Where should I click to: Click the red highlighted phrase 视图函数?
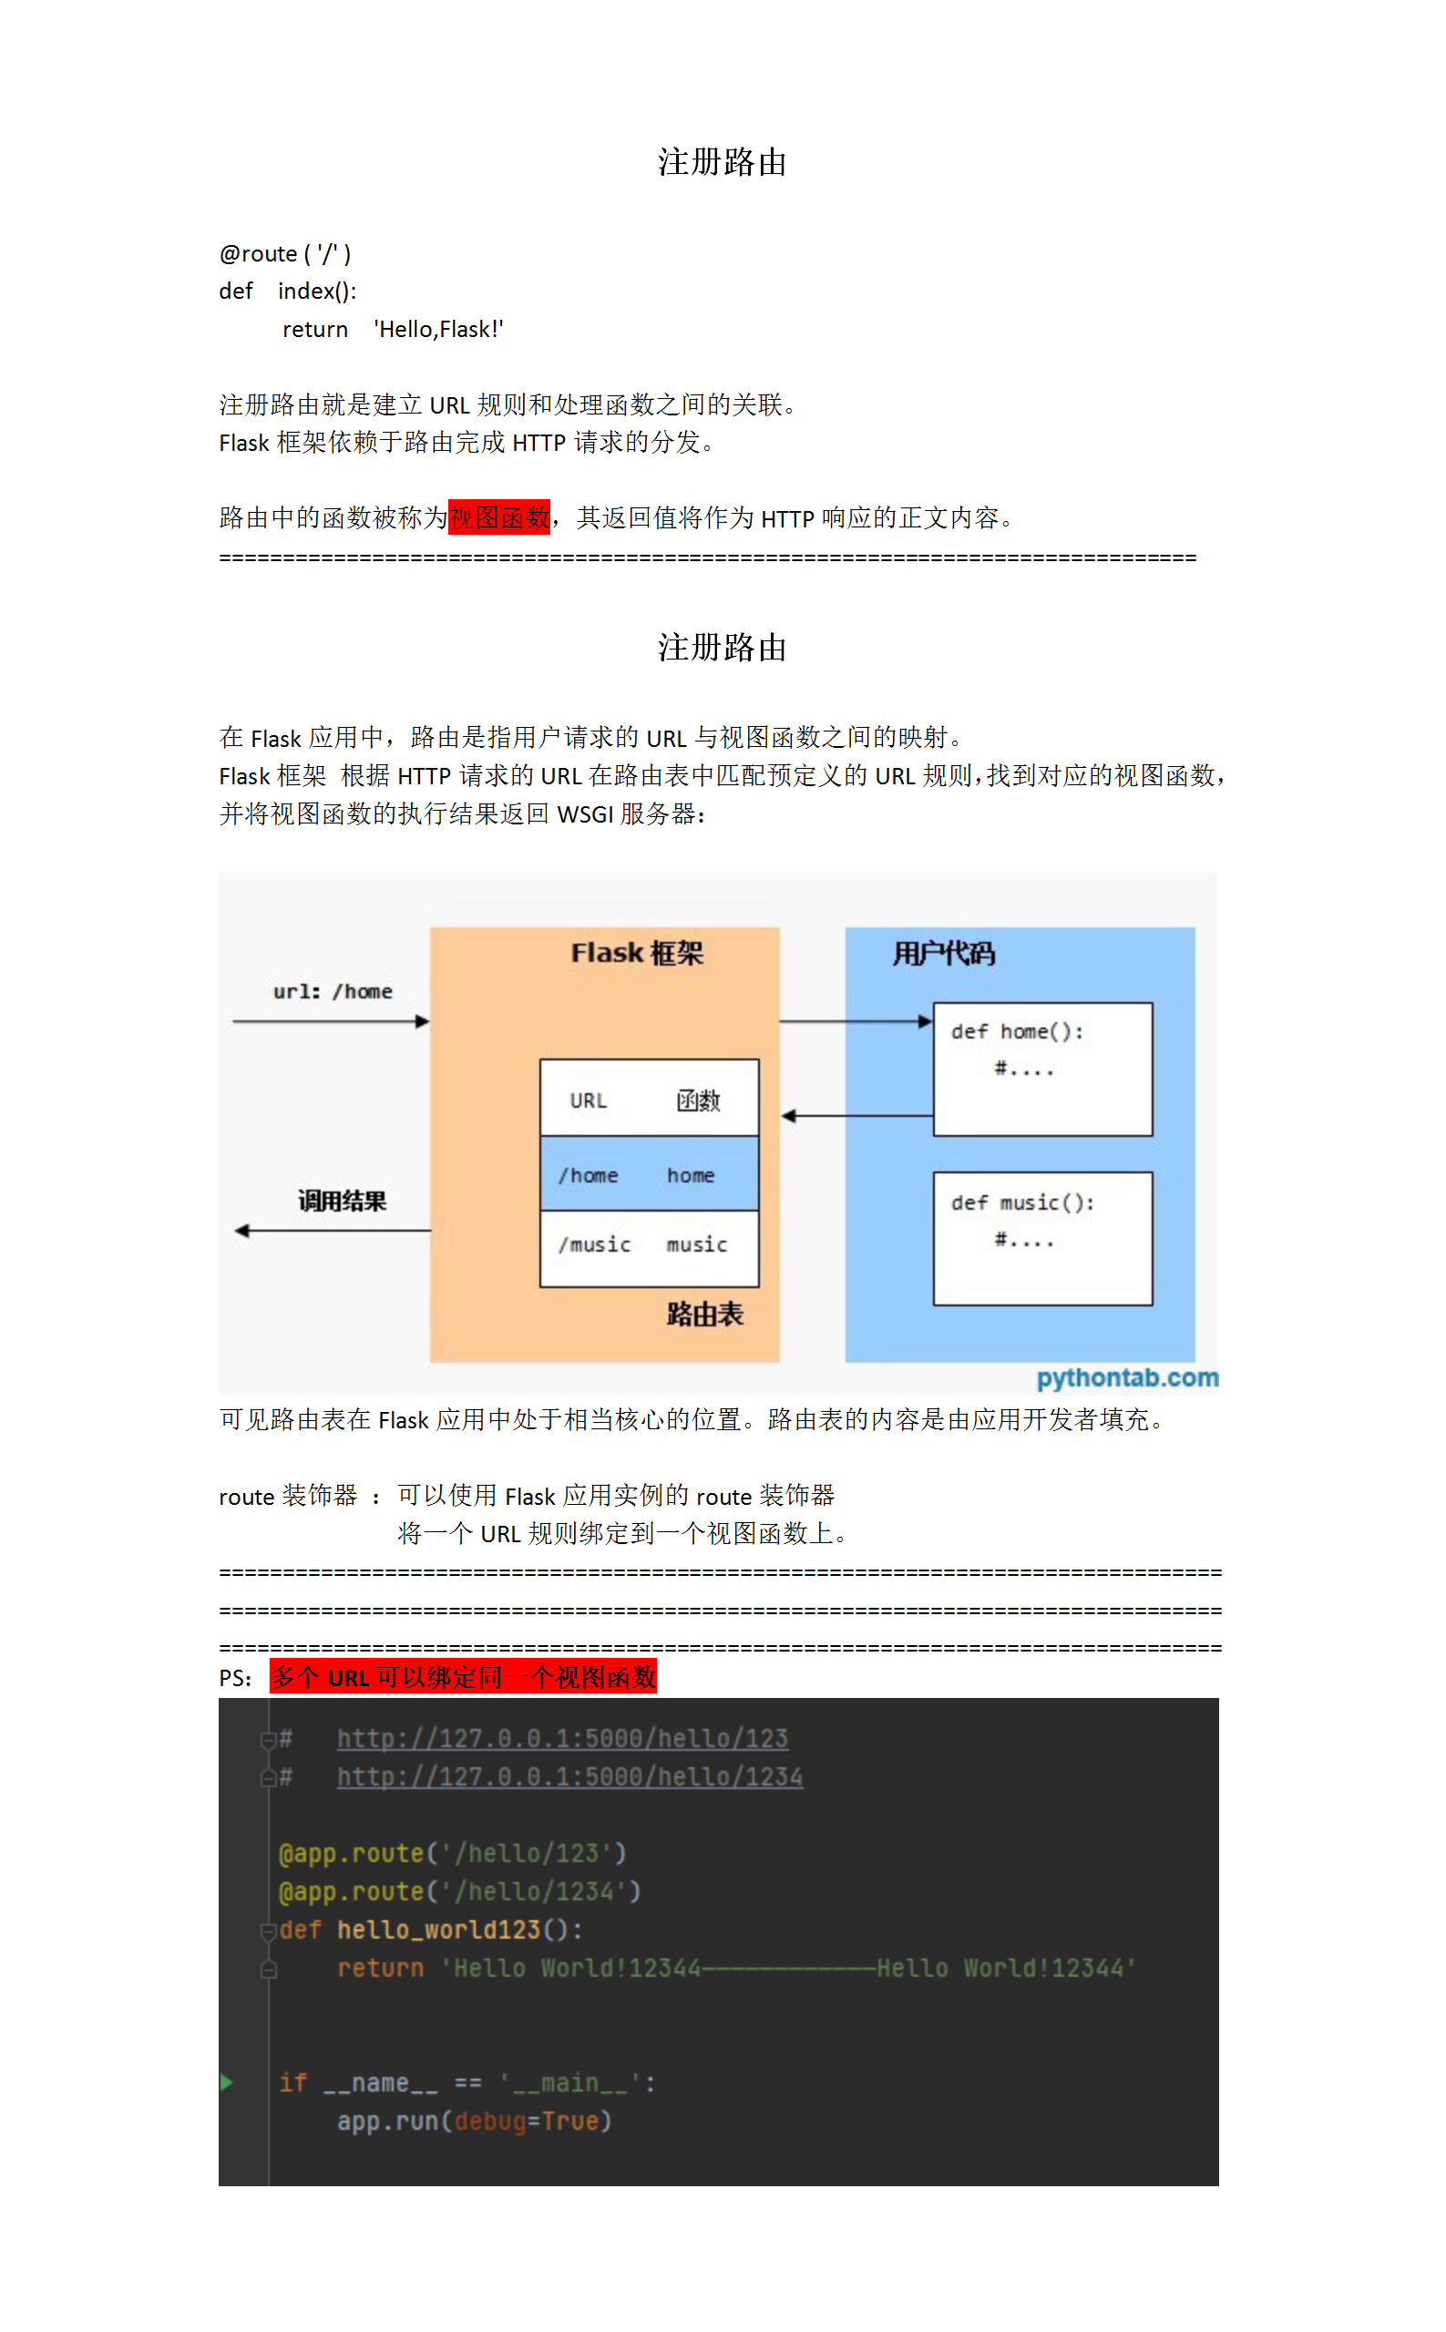pos(498,517)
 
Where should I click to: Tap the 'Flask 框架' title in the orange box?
pos(637,953)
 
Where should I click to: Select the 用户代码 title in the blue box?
pos(943,953)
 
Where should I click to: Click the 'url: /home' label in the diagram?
pos(333,991)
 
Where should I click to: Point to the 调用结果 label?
pos(342,1201)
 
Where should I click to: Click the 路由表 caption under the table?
pos(705,1314)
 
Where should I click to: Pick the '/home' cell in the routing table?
pos(590,1175)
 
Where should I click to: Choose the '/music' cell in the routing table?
pos(595,1244)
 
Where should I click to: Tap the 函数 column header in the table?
pos(698,1100)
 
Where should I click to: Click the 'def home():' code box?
pos(1042,1068)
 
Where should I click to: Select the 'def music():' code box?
pos(1042,1238)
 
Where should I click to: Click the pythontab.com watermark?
pos(1127,1377)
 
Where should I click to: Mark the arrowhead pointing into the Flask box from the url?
pos(423,1022)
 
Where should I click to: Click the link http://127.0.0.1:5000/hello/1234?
pos(570,1776)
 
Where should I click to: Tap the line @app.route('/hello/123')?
pos(452,1853)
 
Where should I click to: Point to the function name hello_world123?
pos(439,1929)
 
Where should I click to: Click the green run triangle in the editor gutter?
pos(227,2082)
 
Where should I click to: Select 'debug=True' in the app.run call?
pos(527,2121)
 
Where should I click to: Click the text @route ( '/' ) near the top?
pos(285,253)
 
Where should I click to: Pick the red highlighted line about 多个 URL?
pos(463,1677)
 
